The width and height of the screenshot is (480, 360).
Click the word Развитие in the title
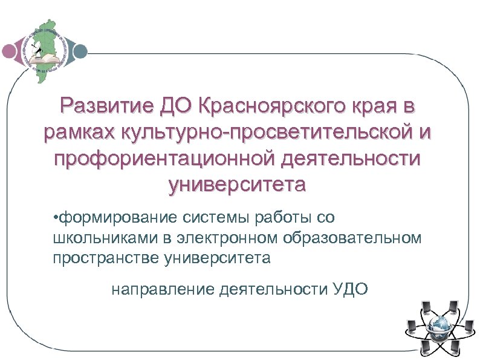(105, 107)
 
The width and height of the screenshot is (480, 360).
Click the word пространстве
(105, 258)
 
